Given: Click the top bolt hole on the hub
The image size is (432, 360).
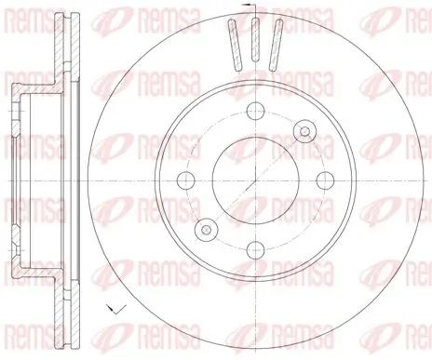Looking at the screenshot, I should [253, 110].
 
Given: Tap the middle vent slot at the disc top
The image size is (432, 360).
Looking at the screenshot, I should [252, 45].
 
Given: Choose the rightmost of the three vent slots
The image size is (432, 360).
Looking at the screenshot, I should [275, 47].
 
